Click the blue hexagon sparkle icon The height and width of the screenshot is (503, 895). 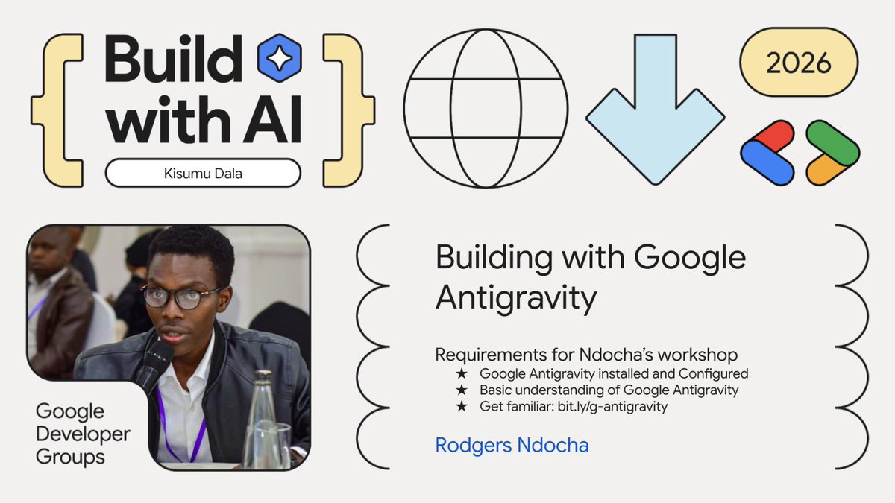(x=278, y=57)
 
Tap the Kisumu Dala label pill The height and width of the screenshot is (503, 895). (x=203, y=173)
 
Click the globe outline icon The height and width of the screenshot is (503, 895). (x=486, y=109)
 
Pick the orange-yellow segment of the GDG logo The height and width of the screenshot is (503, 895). (x=828, y=170)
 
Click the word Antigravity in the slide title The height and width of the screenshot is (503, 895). (x=516, y=298)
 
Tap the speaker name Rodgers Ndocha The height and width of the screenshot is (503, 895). (x=512, y=446)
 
